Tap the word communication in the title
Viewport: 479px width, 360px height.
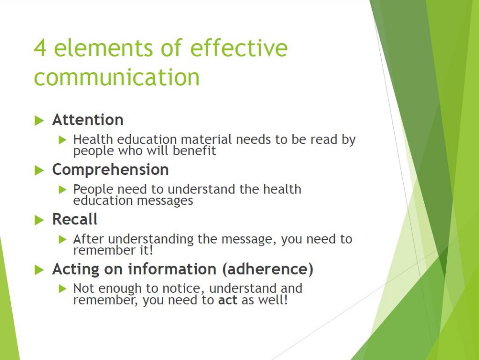pos(116,77)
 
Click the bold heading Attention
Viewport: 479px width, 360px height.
pos(88,120)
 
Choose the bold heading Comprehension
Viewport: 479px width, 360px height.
pos(110,170)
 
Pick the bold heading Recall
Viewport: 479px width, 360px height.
pos(75,219)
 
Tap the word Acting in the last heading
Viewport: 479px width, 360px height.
pos(74,269)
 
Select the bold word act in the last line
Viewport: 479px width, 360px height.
pos(228,300)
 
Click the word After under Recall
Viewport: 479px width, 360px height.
pos(89,239)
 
